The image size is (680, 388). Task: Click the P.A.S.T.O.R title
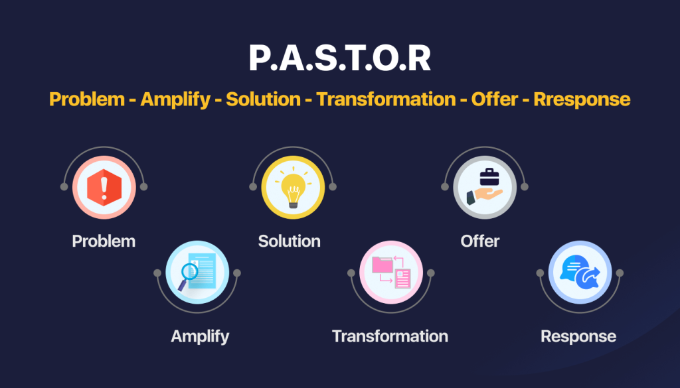pyautogui.click(x=339, y=59)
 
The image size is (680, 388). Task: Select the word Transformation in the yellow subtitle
pyautogui.click(x=386, y=99)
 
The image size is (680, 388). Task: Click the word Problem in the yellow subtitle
pyautogui.click(x=87, y=99)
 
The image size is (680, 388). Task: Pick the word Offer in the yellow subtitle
pyautogui.click(x=491, y=99)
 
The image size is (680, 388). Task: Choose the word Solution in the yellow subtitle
pyautogui.click(x=263, y=99)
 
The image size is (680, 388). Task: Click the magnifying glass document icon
pyautogui.click(x=197, y=273)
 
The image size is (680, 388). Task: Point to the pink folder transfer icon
pyautogui.click(x=390, y=273)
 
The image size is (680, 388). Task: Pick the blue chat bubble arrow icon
pyautogui.click(x=580, y=273)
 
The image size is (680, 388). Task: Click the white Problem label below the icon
pyautogui.click(x=104, y=241)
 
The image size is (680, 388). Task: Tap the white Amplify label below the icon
pyautogui.click(x=200, y=336)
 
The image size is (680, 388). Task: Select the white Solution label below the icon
pyautogui.click(x=290, y=241)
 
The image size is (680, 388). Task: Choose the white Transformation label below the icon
pyautogui.click(x=390, y=336)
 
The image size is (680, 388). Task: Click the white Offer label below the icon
pyautogui.click(x=480, y=241)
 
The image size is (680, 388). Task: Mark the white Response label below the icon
pyautogui.click(x=578, y=336)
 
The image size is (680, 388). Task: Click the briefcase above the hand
pyautogui.click(x=490, y=177)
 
